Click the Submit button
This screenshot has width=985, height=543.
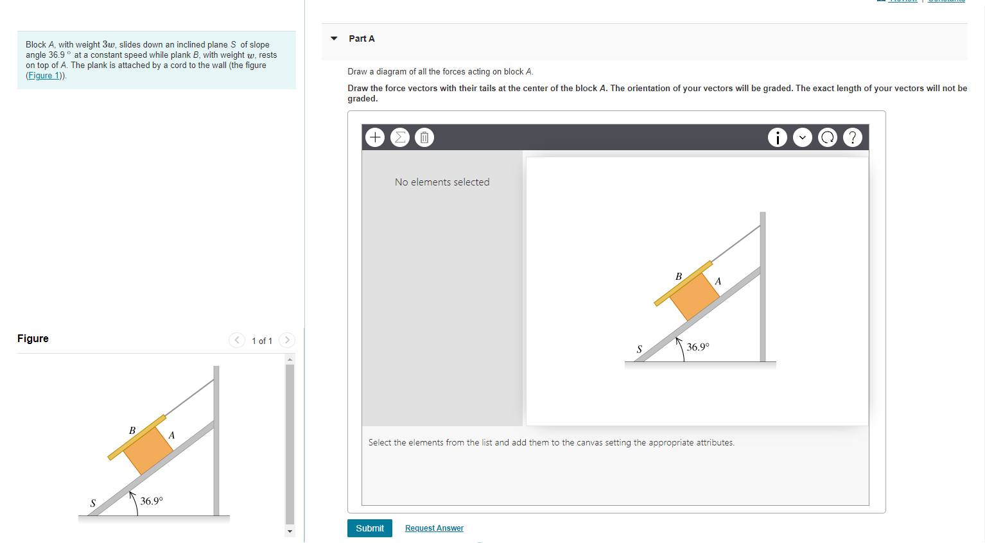pyautogui.click(x=369, y=528)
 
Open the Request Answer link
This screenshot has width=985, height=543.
pyautogui.click(x=434, y=528)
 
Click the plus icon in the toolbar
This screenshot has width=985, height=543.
pyautogui.click(x=375, y=137)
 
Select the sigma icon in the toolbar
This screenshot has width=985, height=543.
pyautogui.click(x=400, y=137)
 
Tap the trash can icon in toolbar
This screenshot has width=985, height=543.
pyautogui.click(x=424, y=137)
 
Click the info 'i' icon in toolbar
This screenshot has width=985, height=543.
pyautogui.click(x=778, y=137)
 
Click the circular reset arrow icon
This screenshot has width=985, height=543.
pyautogui.click(x=828, y=137)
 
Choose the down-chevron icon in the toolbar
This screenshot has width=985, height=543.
pyautogui.click(x=803, y=137)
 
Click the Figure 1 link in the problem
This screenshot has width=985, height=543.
pyautogui.click(x=44, y=76)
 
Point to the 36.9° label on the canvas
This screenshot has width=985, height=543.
pyautogui.click(x=698, y=347)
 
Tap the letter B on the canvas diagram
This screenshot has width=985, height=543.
pyautogui.click(x=679, y=277)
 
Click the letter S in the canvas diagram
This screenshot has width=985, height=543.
pyautogui.click(x=639, y=350)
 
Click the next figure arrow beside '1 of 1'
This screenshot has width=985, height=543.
pyautogui.click(x=287, y=340)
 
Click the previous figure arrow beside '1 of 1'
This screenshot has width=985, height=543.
pyautogui.click(x=237, y=340)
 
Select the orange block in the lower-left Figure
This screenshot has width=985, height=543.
pyautogui.click(x=148, y=450)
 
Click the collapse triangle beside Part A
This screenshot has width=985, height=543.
pyautogui.click(x=334, y=39)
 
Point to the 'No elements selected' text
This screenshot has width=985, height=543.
pyautogui.click(x=442, y=182)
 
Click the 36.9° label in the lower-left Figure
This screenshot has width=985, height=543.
pyautogui.click(x=152, y=501)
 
